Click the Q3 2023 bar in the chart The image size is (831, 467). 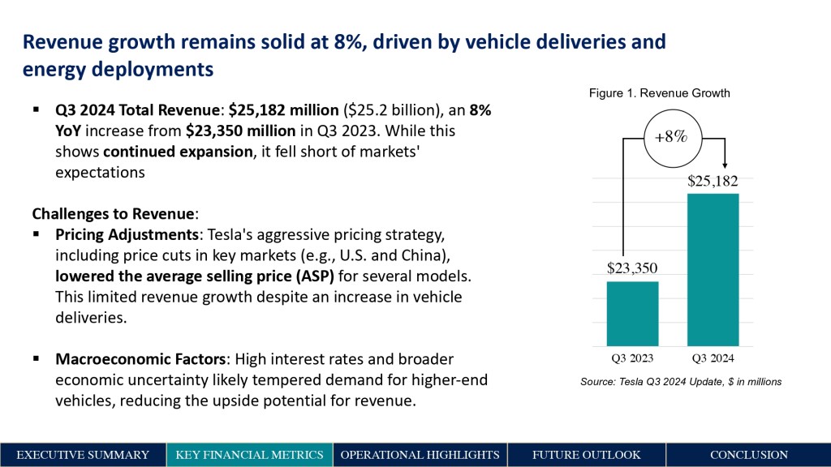632,313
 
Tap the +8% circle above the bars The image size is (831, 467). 670,136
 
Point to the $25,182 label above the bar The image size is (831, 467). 713,179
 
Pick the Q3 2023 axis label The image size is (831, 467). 632,358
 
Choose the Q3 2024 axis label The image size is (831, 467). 713,358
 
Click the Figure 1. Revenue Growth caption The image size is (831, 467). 659,93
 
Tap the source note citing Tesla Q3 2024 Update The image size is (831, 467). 681,381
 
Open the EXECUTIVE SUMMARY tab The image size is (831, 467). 83,455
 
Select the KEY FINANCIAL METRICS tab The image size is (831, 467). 249,455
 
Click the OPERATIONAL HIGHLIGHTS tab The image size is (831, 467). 420,455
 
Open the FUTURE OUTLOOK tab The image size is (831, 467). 586,455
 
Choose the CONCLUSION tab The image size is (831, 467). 748,455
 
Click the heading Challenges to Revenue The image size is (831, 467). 113,214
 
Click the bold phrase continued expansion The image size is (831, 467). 178,151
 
